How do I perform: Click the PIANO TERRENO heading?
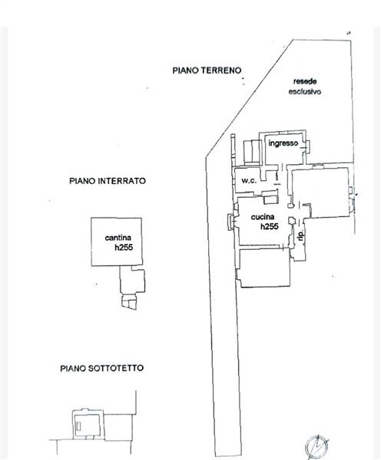coord(207,71)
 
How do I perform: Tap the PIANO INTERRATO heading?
coord(108,181)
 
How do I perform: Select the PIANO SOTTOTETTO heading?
coord(102,368)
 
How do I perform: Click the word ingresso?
coord(283,143)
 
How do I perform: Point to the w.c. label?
coord(249,181)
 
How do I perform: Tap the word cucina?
coord(263,217)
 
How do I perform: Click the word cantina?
coord(118,238)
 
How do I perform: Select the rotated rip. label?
coord(300,235)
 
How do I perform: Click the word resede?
coord(305,81)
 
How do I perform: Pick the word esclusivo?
coord(304,91)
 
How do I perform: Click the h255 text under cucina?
coord(270,226)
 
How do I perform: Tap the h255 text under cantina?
coord(124,248)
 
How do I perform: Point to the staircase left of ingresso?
coord(253,152)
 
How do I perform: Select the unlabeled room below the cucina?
coord(264,268)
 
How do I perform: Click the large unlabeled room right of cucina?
coord(320,193)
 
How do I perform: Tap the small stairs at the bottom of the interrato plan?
coord(129,301)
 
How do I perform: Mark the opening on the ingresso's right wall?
coord(308,146)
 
